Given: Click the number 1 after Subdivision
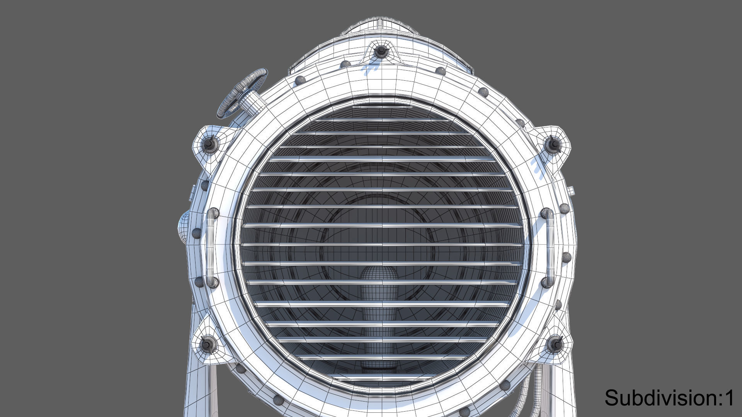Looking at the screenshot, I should [729, 398].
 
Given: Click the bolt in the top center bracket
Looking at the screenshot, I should [381, 50].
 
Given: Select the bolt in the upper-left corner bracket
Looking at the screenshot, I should [209, 143].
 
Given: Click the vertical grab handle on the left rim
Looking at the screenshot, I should [211, 247].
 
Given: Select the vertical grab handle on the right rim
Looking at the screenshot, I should [549, 247].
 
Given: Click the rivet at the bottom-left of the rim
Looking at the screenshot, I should [278, 399].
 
